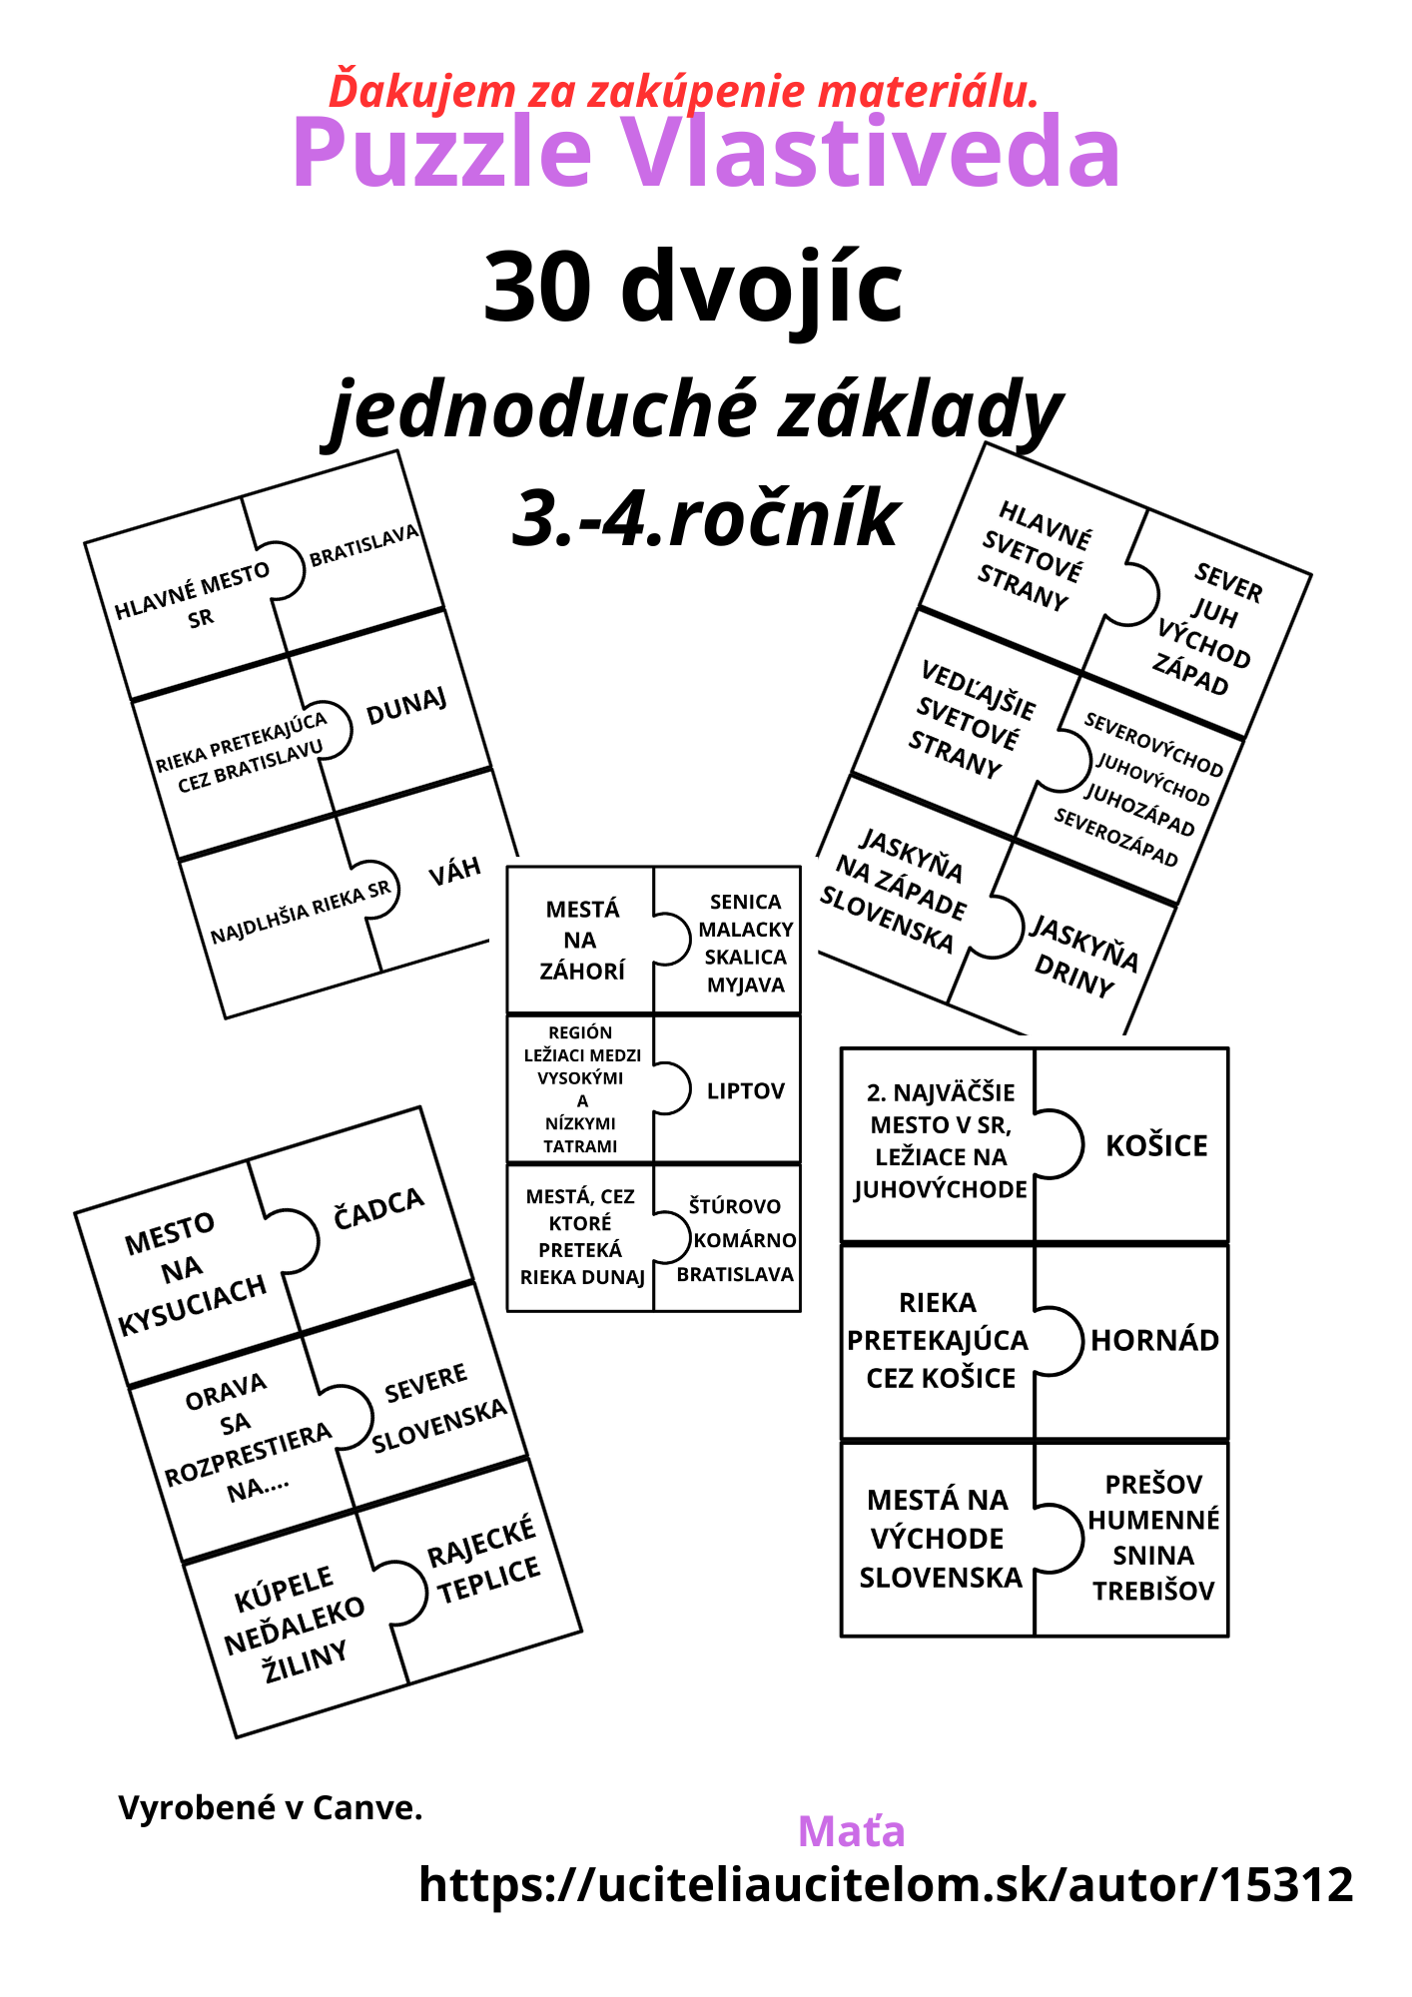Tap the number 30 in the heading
tap(540, 288)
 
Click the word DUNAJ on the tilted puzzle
tap(406, 707)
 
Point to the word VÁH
tap(454, 872)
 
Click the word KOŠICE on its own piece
tap(1156, 1145)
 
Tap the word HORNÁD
tap(1154, 1340)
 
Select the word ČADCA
tap(378, 1208)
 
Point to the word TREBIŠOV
tap(1153, 1591)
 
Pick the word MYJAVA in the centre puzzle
tap(745, 985)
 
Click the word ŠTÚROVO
tap(735, 1206)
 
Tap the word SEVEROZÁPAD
tap(1115, 837)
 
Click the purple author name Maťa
tap(851, 1831)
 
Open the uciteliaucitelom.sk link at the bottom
tap(886, 1885)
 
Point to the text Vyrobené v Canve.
tap(271, 1807)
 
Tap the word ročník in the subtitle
tap(783, 519)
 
